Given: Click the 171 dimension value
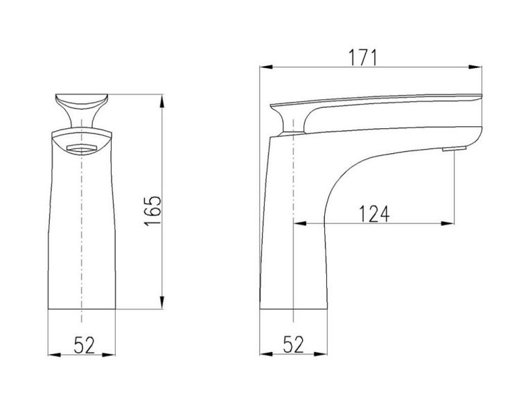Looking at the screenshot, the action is (x=363, y=58).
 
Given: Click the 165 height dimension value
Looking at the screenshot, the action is (x=152, y=211).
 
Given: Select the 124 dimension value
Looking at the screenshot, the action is (x=374, y=214).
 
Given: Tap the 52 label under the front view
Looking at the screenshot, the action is (x=84, y=345).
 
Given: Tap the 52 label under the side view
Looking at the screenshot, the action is (x=293, y=345).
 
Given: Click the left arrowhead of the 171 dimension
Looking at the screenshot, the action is (x=266, y=67).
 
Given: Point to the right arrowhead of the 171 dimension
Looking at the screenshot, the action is (x=475, y=67).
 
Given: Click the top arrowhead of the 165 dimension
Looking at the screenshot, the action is (x=162, y=101).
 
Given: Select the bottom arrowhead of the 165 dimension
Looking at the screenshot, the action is (x=162, y=302).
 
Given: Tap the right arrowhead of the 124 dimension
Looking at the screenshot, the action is (x=448, y=223).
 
